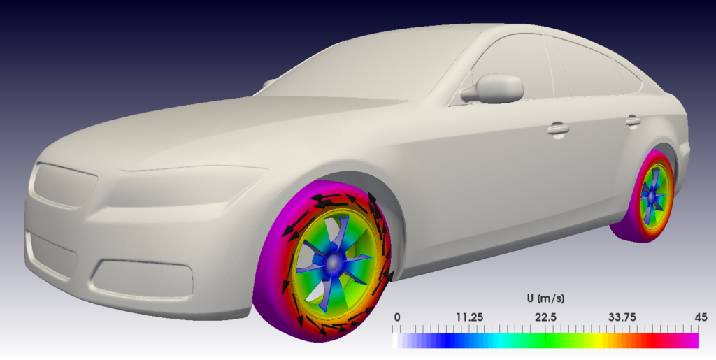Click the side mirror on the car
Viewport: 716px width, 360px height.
tap(498, 87)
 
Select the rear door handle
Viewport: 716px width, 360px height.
tap(633, 121)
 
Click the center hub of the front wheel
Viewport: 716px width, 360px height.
tap(335, 261)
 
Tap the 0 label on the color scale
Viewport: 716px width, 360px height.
tap(397, 317)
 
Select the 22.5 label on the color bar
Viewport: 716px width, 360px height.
tap(546, 317)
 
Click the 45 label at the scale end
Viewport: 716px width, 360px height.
tap(692, 317)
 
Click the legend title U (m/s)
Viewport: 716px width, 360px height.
tap(546, 298)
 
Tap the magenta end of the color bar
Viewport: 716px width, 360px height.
tap(689, 340)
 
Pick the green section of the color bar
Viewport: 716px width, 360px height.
tap(552, 340)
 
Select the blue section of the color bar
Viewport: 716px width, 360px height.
tap(454, 340)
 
